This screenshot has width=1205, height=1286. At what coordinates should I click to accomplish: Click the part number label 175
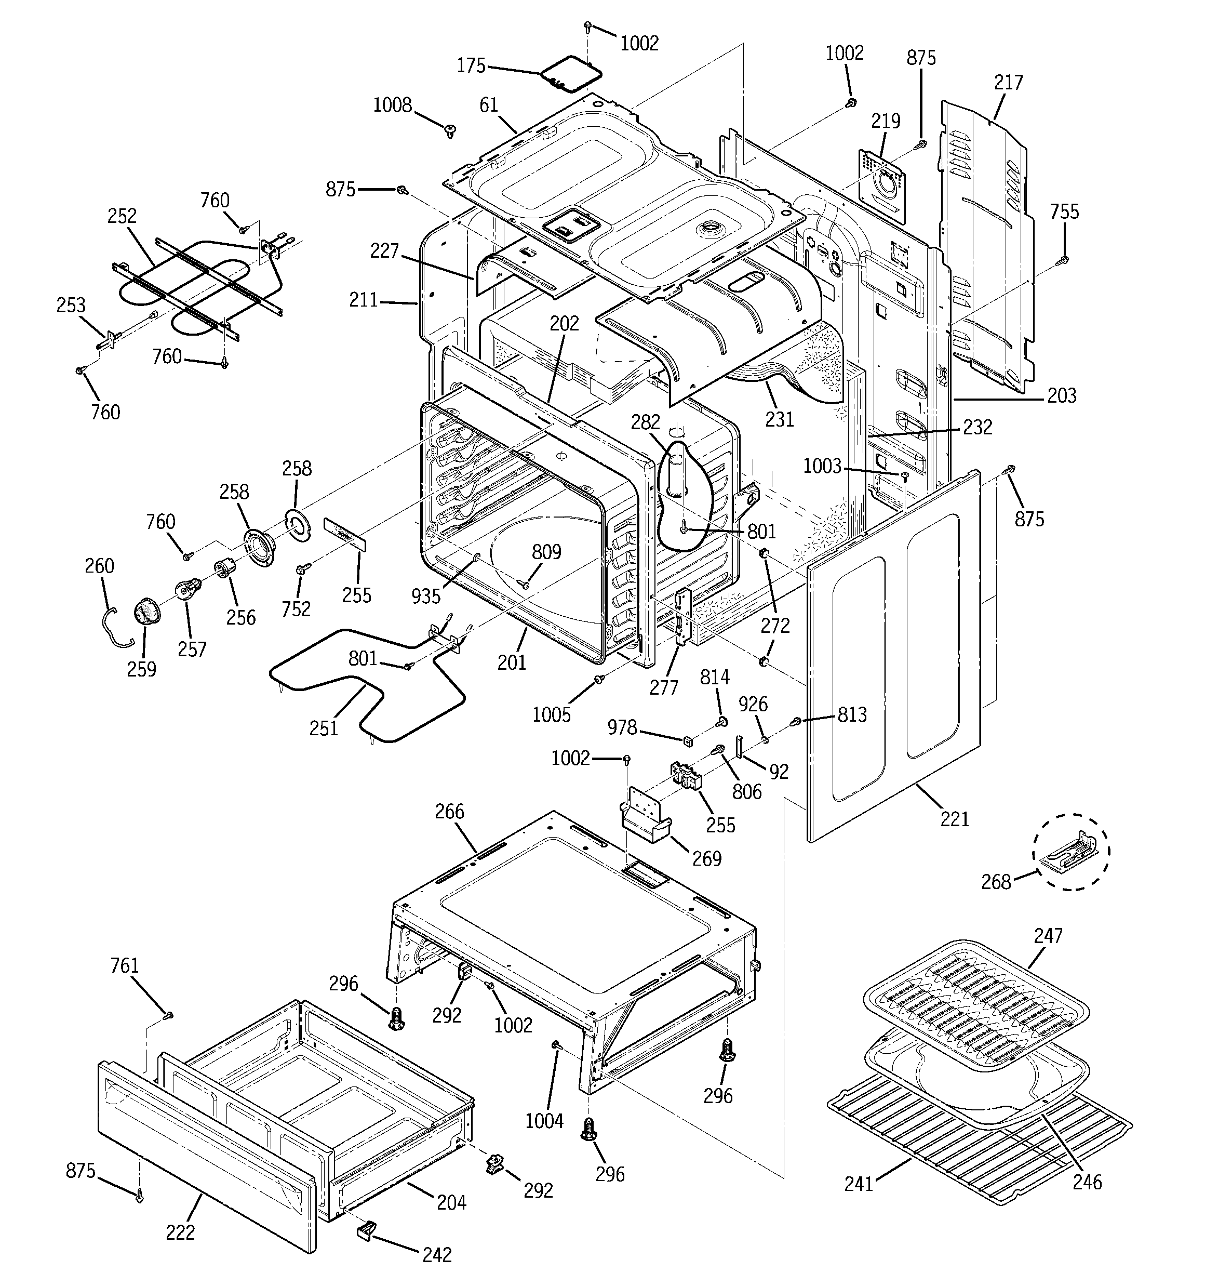coord(471,66)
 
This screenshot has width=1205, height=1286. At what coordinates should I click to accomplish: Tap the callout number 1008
coord(392,105)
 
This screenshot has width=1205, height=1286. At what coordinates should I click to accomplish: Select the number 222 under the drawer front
coord(180,1233)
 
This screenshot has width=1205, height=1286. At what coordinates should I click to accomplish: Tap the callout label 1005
coord(551,715)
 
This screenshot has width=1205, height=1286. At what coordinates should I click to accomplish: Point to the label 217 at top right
coord(1008,83)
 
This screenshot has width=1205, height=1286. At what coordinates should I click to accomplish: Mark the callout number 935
coord(425,596)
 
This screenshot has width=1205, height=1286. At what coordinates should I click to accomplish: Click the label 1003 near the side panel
coord(822,467)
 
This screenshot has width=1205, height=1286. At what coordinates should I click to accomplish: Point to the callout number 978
coord(622,728)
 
